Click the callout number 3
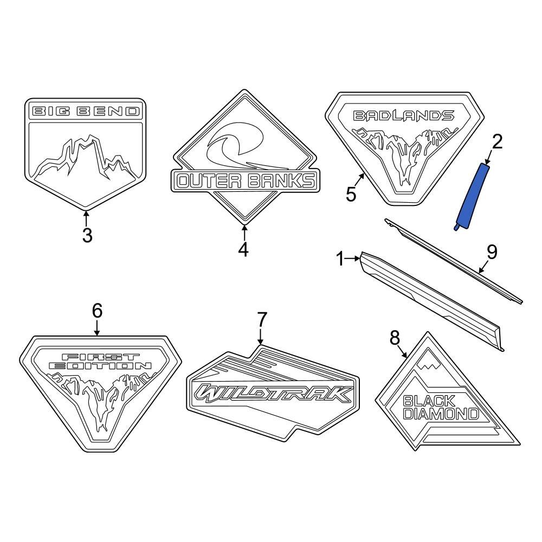click(x=87, y=235)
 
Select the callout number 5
click(x=351, y=194)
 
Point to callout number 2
click(x=497, y=142)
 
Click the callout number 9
click(x=492, y=251)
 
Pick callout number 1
click(x=340, y=260)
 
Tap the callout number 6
click(x=97, y=311)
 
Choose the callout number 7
click(x=262, y=320)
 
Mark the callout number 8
click(x=394, y=338)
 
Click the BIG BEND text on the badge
click(x=86, y=112)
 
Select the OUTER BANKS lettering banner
click(x=245, y=181)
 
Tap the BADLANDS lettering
click(x=403, y=115)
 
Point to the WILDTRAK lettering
click(x=273, y=393)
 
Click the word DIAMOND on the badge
click(x=441, y=415)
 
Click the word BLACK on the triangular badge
click(x=429, y=402)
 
